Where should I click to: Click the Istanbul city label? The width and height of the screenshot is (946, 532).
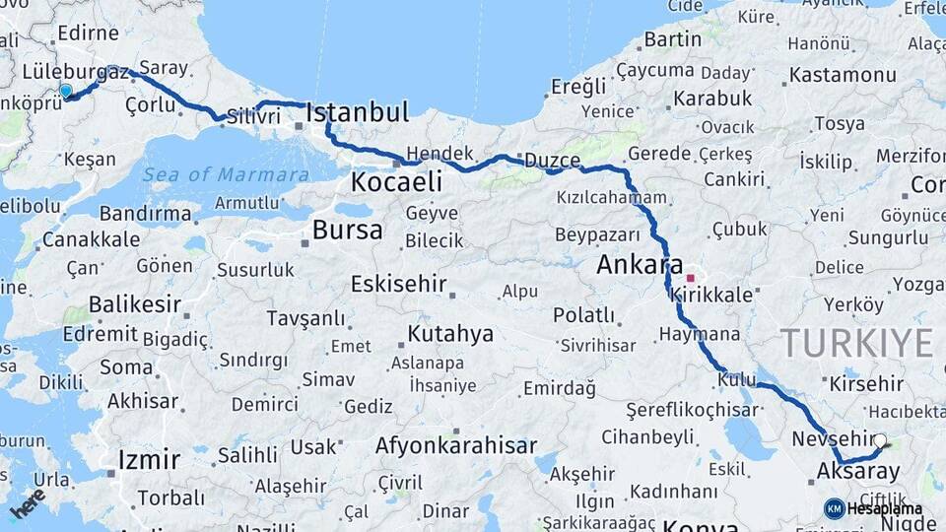pyautogui.click(x=357, y=111)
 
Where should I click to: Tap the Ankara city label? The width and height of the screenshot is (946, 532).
pyautogui.click(x=640, y=265)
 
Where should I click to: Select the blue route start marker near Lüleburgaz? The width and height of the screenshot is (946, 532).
pyautogui.click(x=66, y=92)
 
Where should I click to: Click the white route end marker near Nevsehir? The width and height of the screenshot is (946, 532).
pyautogui.click(x=880, y=442)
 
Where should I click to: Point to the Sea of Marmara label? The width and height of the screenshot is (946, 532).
pyautogui.click(x=226, y=175)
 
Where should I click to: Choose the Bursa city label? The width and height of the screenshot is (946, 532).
pyautogui.click(x=347, y=231)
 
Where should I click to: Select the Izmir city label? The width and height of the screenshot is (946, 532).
pyautogui.click(x=149, y=459)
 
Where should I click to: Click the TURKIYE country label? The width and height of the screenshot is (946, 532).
pyautogui.click(x=856, y=343)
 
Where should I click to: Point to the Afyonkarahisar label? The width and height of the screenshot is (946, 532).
pyautogui.click(x=455, y=445)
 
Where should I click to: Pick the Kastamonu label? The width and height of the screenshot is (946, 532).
pyautogui.click(x=842, y=75)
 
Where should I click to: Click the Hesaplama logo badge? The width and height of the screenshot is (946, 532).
pyautogui.click(x=873, y=508)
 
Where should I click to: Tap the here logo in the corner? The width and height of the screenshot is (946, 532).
pyautogui.click(x=28, y=503)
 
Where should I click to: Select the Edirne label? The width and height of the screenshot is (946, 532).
pyautogui.click(x=88, y=33)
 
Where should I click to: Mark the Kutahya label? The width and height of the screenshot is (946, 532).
pyautogui.click(x=449, y=334)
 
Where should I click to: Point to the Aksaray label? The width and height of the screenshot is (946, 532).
pyautogui.click(x=858, y=472)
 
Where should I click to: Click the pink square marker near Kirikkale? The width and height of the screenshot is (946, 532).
pyautogui.click(x=690, y=279)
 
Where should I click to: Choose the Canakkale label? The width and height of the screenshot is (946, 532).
pyautogui.click(x=91, y=239)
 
